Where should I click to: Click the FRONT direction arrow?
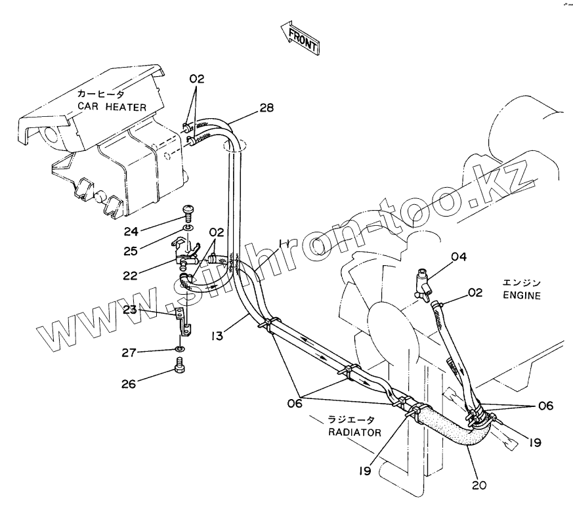click(x=299, y=39)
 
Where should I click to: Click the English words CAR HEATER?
click(x=112, y=106)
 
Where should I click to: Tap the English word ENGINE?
click(x=522, y=295)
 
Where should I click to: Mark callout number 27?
click(x=129, y=353)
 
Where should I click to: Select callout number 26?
click(x=129, y=383)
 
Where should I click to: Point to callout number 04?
click(x=457, y=257)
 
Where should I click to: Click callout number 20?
click(x=479, y=486)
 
